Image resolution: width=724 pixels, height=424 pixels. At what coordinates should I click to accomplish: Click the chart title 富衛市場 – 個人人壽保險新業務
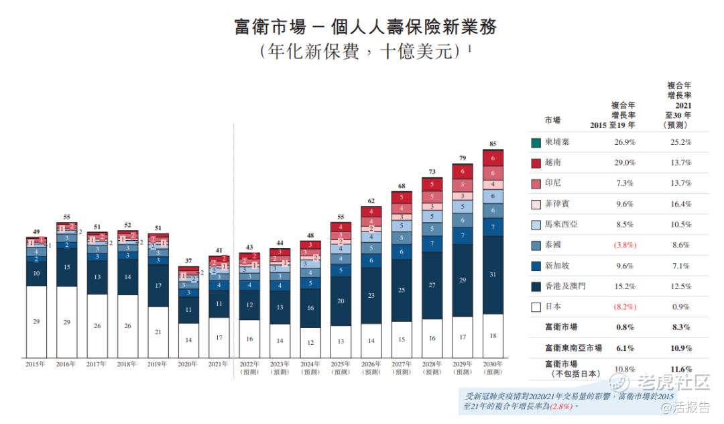[365, 27]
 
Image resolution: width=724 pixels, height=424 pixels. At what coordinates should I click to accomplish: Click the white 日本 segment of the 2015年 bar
[36, 321]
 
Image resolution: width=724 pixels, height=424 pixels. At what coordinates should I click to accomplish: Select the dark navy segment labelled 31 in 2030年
[493, 274]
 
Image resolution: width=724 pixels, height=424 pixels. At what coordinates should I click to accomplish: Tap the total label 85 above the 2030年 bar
[493, 144]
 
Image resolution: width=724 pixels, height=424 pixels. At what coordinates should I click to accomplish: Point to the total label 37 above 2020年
[188, 261]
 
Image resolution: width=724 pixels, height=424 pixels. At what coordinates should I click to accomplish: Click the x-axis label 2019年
[158, 364]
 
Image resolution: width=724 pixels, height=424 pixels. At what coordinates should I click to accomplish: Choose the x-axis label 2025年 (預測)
[341, 368]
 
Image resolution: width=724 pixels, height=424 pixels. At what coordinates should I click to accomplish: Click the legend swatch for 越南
[536, 163]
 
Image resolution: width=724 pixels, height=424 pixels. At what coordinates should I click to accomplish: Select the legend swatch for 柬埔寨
[536, 142]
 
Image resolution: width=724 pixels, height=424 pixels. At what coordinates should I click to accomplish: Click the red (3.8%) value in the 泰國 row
[624, 246]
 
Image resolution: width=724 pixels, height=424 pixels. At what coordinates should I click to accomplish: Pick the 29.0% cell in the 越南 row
[624, 163]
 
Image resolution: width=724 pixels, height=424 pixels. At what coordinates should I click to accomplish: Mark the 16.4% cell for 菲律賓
[680, 204]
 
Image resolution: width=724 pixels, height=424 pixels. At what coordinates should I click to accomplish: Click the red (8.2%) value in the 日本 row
[624, 307]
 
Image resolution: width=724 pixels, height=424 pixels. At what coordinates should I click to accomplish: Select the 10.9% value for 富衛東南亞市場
[680, 348]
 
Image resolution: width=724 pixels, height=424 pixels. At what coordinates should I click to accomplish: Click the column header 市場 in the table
[552, 120]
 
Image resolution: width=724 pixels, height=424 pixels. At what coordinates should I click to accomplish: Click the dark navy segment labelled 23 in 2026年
[371, 295]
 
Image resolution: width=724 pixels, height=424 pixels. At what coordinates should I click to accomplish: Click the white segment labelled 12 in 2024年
[310, 343]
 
